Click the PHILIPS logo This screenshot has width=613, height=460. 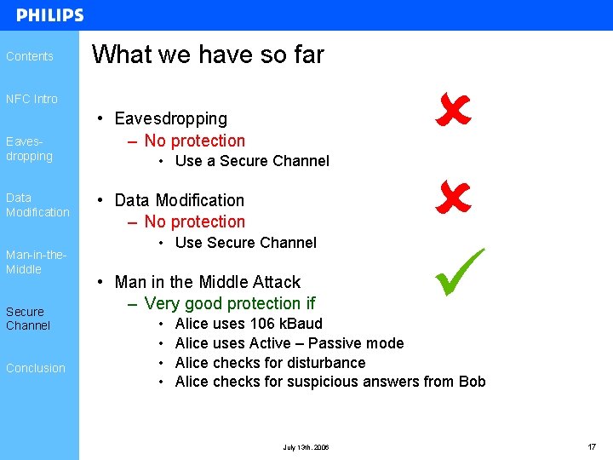(49, 15)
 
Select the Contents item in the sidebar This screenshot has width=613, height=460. (30, 56)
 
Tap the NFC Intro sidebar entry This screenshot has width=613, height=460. (32, 99)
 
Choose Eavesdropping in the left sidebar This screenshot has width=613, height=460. (29, 149)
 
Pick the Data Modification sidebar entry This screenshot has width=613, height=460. (37, 204)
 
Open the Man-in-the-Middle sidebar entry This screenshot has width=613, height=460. (36, 262)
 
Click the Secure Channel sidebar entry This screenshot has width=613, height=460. (28, 318)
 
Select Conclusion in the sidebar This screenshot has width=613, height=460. (36, 368)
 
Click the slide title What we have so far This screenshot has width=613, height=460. (208, 55)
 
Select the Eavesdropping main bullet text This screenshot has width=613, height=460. (170, 118)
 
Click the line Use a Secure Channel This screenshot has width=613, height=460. (251, 161)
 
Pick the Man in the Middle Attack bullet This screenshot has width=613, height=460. (207, 282)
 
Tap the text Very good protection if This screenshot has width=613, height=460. (230, 303)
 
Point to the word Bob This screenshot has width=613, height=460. (472, 382)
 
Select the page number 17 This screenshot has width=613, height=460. (591, 446)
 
